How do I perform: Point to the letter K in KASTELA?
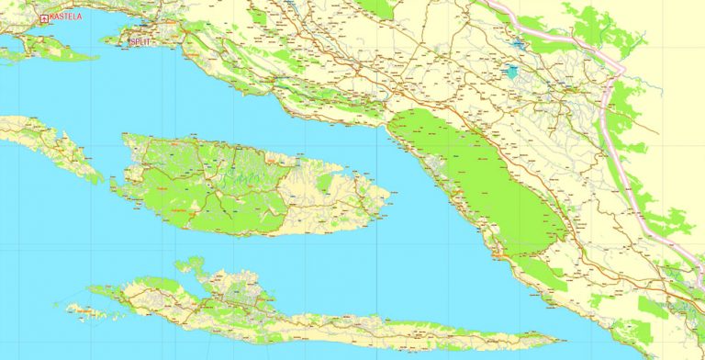point(53,17)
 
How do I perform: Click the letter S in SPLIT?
point(134,40)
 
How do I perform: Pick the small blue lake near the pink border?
point(520,43)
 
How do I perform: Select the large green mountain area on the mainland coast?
point(477,174)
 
